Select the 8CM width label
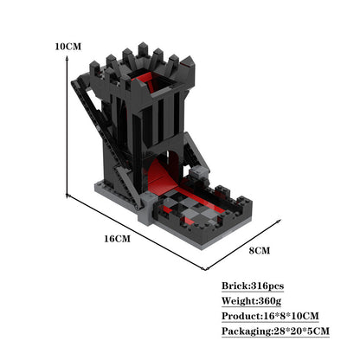(x=260, y=250)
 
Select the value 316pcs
(x=267, y=286)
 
